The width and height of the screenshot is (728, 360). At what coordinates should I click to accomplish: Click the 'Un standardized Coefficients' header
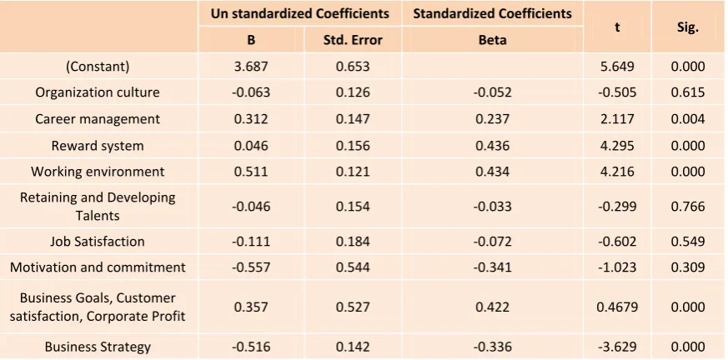300,13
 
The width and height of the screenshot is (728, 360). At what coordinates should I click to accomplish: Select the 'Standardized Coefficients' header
492,13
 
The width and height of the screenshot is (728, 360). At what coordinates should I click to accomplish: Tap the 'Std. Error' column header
353,40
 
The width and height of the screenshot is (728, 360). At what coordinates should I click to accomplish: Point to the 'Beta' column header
492,40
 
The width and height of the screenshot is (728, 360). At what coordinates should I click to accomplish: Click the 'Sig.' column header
688,27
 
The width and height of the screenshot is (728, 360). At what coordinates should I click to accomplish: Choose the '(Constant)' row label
98,67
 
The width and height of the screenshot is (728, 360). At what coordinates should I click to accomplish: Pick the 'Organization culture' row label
98,92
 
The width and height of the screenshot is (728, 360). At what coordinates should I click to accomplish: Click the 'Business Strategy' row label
98,347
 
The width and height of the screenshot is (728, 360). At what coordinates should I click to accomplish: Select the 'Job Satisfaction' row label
98,241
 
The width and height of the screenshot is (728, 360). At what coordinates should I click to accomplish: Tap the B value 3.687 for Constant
251,67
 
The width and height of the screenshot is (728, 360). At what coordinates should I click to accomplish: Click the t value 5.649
617,67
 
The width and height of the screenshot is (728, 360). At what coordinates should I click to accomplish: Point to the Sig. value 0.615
688,92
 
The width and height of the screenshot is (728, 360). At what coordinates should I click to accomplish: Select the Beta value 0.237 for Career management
492,119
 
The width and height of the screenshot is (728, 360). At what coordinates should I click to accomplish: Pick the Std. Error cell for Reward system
353,146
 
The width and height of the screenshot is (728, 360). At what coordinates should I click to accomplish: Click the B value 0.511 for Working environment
251,171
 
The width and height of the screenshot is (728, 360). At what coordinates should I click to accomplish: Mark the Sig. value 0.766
688,206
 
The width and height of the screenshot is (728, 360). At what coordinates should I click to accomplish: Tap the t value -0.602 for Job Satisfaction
617,241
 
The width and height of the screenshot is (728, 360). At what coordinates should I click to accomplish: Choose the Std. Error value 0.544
353,267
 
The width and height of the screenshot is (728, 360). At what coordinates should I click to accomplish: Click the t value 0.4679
617,307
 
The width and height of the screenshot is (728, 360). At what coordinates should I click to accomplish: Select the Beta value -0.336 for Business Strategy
492,347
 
